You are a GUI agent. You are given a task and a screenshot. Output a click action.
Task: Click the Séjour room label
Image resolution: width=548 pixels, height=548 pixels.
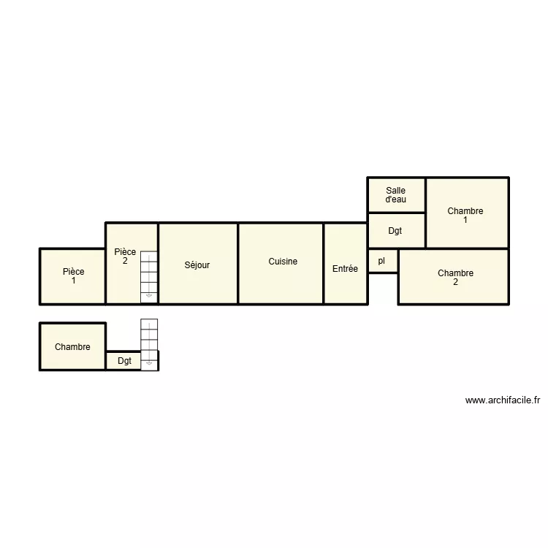tap(197, 265)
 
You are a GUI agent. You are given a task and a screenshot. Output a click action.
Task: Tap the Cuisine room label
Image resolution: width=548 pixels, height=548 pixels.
tap(283, 262)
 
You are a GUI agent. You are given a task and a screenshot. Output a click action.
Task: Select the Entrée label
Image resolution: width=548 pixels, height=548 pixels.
tap(345, 269)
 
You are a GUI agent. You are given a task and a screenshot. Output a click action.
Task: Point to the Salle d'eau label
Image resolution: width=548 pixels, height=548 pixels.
tap(395, 195)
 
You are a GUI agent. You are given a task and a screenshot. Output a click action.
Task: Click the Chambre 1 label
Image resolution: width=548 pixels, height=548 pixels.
tap(465, 216)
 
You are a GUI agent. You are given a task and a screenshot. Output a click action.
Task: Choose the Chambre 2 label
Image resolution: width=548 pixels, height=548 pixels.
tap(455, 278)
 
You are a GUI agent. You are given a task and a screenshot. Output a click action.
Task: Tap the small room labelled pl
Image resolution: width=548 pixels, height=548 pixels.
tap(381, 261)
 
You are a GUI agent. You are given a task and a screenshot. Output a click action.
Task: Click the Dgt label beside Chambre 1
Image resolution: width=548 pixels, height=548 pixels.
tap(395, 232)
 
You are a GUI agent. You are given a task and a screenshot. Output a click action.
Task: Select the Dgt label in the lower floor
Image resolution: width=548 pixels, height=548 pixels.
tap(125, 361)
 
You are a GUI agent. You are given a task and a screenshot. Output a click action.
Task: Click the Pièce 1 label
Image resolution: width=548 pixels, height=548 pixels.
tap(73, 276)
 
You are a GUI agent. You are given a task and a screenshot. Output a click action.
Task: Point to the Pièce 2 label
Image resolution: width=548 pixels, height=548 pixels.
tap(125, 256)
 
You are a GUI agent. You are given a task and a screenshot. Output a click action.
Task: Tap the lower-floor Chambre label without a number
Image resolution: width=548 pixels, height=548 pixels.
tap(72, 347)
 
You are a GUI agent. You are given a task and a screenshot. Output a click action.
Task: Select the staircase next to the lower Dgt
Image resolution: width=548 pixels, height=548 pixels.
tap(150, 343)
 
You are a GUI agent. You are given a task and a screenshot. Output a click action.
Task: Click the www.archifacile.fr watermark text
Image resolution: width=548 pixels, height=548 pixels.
tap(502, 400)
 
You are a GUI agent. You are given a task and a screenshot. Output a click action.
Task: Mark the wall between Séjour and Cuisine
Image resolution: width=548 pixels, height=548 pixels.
tap(238, 263)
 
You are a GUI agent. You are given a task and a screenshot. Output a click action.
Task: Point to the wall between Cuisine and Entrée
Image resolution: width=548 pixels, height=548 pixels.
tap(324, 263)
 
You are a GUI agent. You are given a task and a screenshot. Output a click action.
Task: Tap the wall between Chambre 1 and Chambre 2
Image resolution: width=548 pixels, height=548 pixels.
tap(468, 248)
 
